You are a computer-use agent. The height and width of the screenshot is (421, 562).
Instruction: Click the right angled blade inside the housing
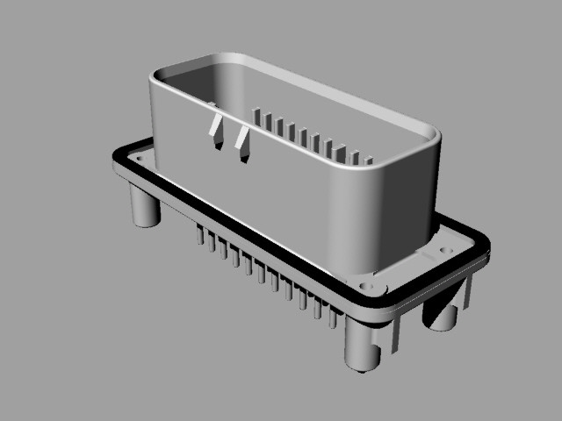click(x=242, y=145)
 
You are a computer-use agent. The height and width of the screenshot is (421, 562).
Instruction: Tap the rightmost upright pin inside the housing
click(x=369, y=162)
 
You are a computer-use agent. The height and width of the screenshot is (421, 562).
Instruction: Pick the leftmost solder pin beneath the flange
click(x=201, y=234)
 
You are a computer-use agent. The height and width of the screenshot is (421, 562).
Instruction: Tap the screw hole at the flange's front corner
click(x=367, y=287)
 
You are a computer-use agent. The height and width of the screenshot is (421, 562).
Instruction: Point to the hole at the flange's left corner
click(x=138, y=155)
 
